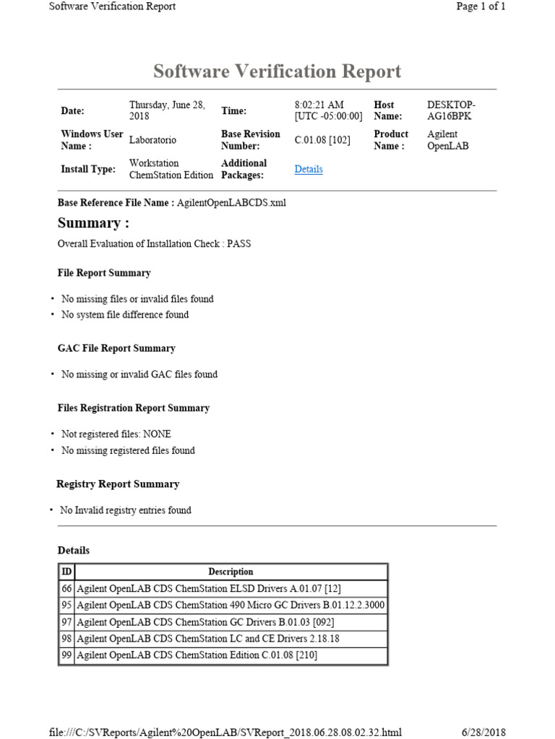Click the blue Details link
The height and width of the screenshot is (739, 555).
pyautogui.click(x=309, y=169)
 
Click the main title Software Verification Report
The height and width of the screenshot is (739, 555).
pyautogui.click(x=277, y=71)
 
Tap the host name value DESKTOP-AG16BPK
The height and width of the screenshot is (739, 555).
pyautogui.click(x=451, y=110)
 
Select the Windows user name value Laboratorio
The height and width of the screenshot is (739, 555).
pyautogui.click(x=152, y=140)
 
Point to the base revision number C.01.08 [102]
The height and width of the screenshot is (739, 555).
pyautogui.click(x=322, y=140)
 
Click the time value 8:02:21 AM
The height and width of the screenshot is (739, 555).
pyautogui.click(x=319, y=105)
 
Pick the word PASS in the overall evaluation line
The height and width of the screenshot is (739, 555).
pyautogui.click(x=238, y=244)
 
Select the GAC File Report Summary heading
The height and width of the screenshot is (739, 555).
pyautogui.click(x=116, y=348)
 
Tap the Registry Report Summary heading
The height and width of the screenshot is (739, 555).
pyautogui.click(x=118, y=484)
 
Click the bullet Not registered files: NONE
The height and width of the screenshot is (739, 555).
pyautogui.click(x=116, y=434)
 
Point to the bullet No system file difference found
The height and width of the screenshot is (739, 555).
pyautogui.click(x=125, y=315)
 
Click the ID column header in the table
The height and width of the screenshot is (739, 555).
pyautogui.click(x=66, y=572)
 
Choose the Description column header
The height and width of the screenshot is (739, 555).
pyautogui.click(x=231, y=572)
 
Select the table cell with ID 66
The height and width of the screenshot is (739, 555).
pyautogui.click(x=66, y=588)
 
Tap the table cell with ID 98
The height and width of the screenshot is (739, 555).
pyautogui.click(x=66, y=638)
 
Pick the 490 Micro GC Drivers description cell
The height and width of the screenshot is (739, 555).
pyautogui.click(x=231, y=605)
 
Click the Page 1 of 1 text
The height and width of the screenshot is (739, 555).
pyautogui.click(x=481, y=6)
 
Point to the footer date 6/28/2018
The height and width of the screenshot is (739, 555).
pyautogui.click(x=483, y=732)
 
